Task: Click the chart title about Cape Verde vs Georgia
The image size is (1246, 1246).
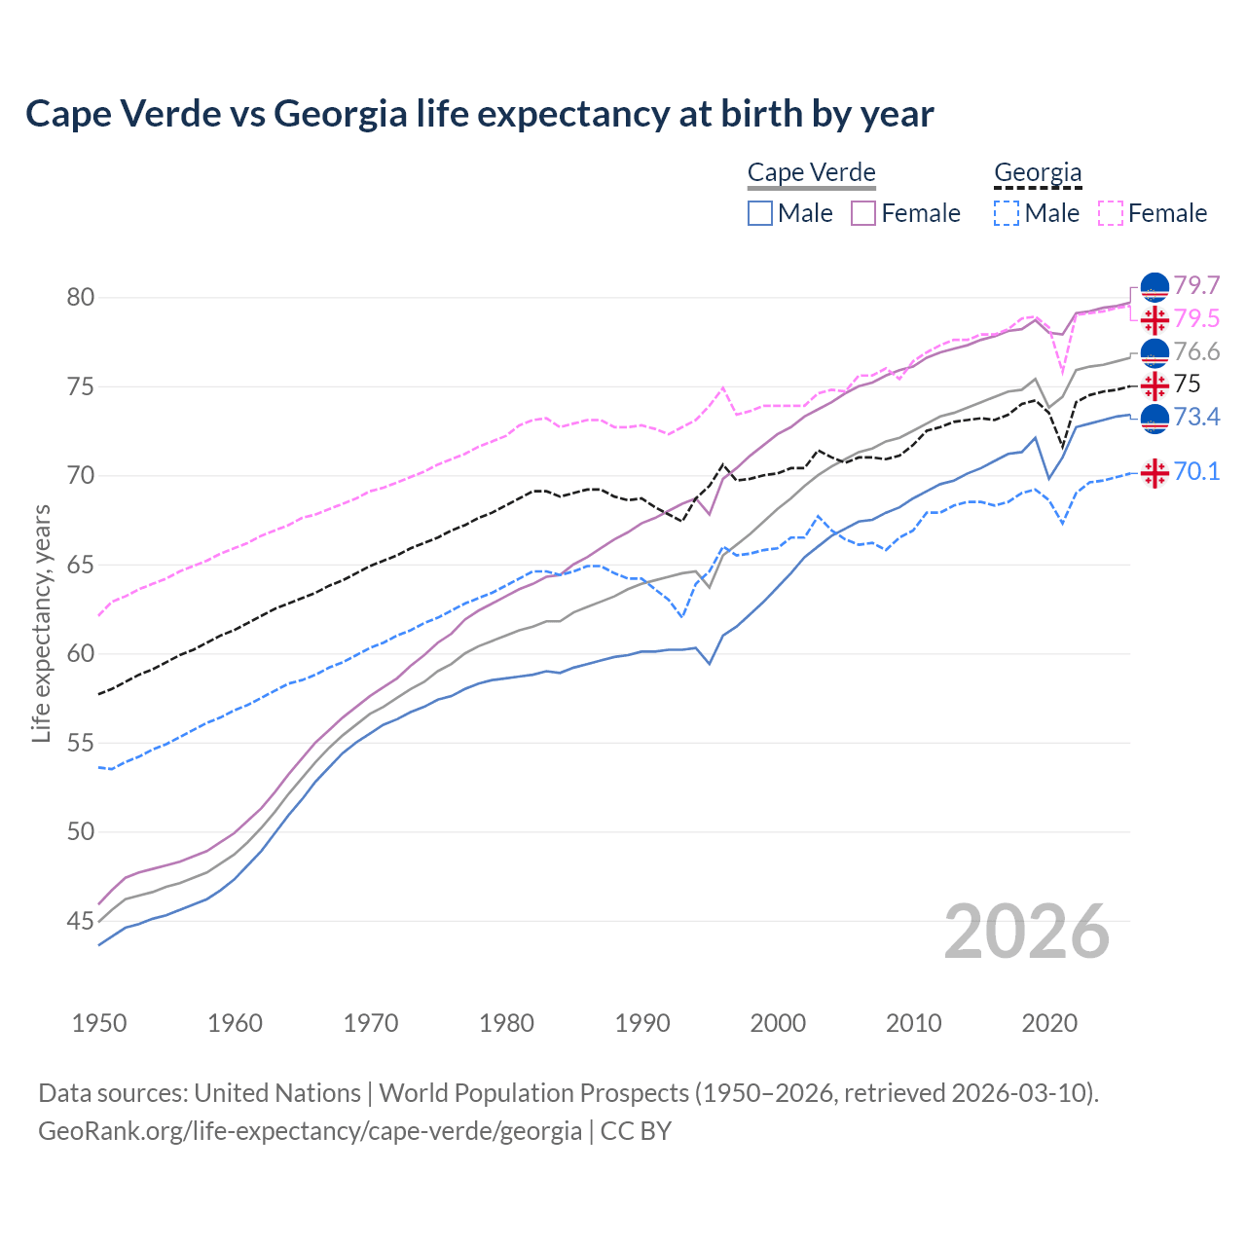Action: pyautogui.click(x=479, y=114)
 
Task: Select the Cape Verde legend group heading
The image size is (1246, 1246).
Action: pyautogui.click(x=811, y=173)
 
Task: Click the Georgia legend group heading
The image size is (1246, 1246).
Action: pyautogui.click(x=1037, y=173)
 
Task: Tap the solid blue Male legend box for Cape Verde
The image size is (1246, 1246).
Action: pyautogui.click(x=760, y=213)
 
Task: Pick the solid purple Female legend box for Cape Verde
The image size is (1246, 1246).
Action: pyautogui.click(x=863, y=213)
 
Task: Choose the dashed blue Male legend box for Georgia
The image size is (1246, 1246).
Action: pyautogui.click(x=1007, y=213)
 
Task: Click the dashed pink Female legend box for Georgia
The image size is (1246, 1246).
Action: pyautogui.click(x=1110, y=213)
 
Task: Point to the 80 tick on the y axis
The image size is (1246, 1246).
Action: pyautogui.click(x=81, y=297)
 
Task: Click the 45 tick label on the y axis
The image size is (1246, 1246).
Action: pyautogui.click(x=81, y=921)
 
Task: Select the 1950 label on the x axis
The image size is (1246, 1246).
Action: pyautogui.click(x=99, y=1023)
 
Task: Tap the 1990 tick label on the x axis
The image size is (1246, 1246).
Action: pyautogui.click(x=642, y=1023)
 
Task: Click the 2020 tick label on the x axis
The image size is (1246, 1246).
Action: pyautogui.click(x=1049, y=1023)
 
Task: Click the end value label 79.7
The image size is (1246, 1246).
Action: pyautogui.click(x=1196, y=286)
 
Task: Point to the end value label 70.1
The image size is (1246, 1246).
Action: pyautogui.click(x=1196, y=472)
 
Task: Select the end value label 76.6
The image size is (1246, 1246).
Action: pyautogui.click(x=1196, y=352)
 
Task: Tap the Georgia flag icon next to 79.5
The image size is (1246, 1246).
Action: pyautogui.click(x=1154, y=319)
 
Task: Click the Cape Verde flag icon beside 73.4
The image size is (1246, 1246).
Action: pyautogui.click(x=1154, y=419)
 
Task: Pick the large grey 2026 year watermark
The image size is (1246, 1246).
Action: pyautogui.click(x=1026, y=932)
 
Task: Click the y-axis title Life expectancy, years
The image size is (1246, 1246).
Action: pyautogui.click(x=41, y=623)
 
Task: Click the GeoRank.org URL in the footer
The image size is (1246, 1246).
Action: pyautogui.click(x=310, y=1131)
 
